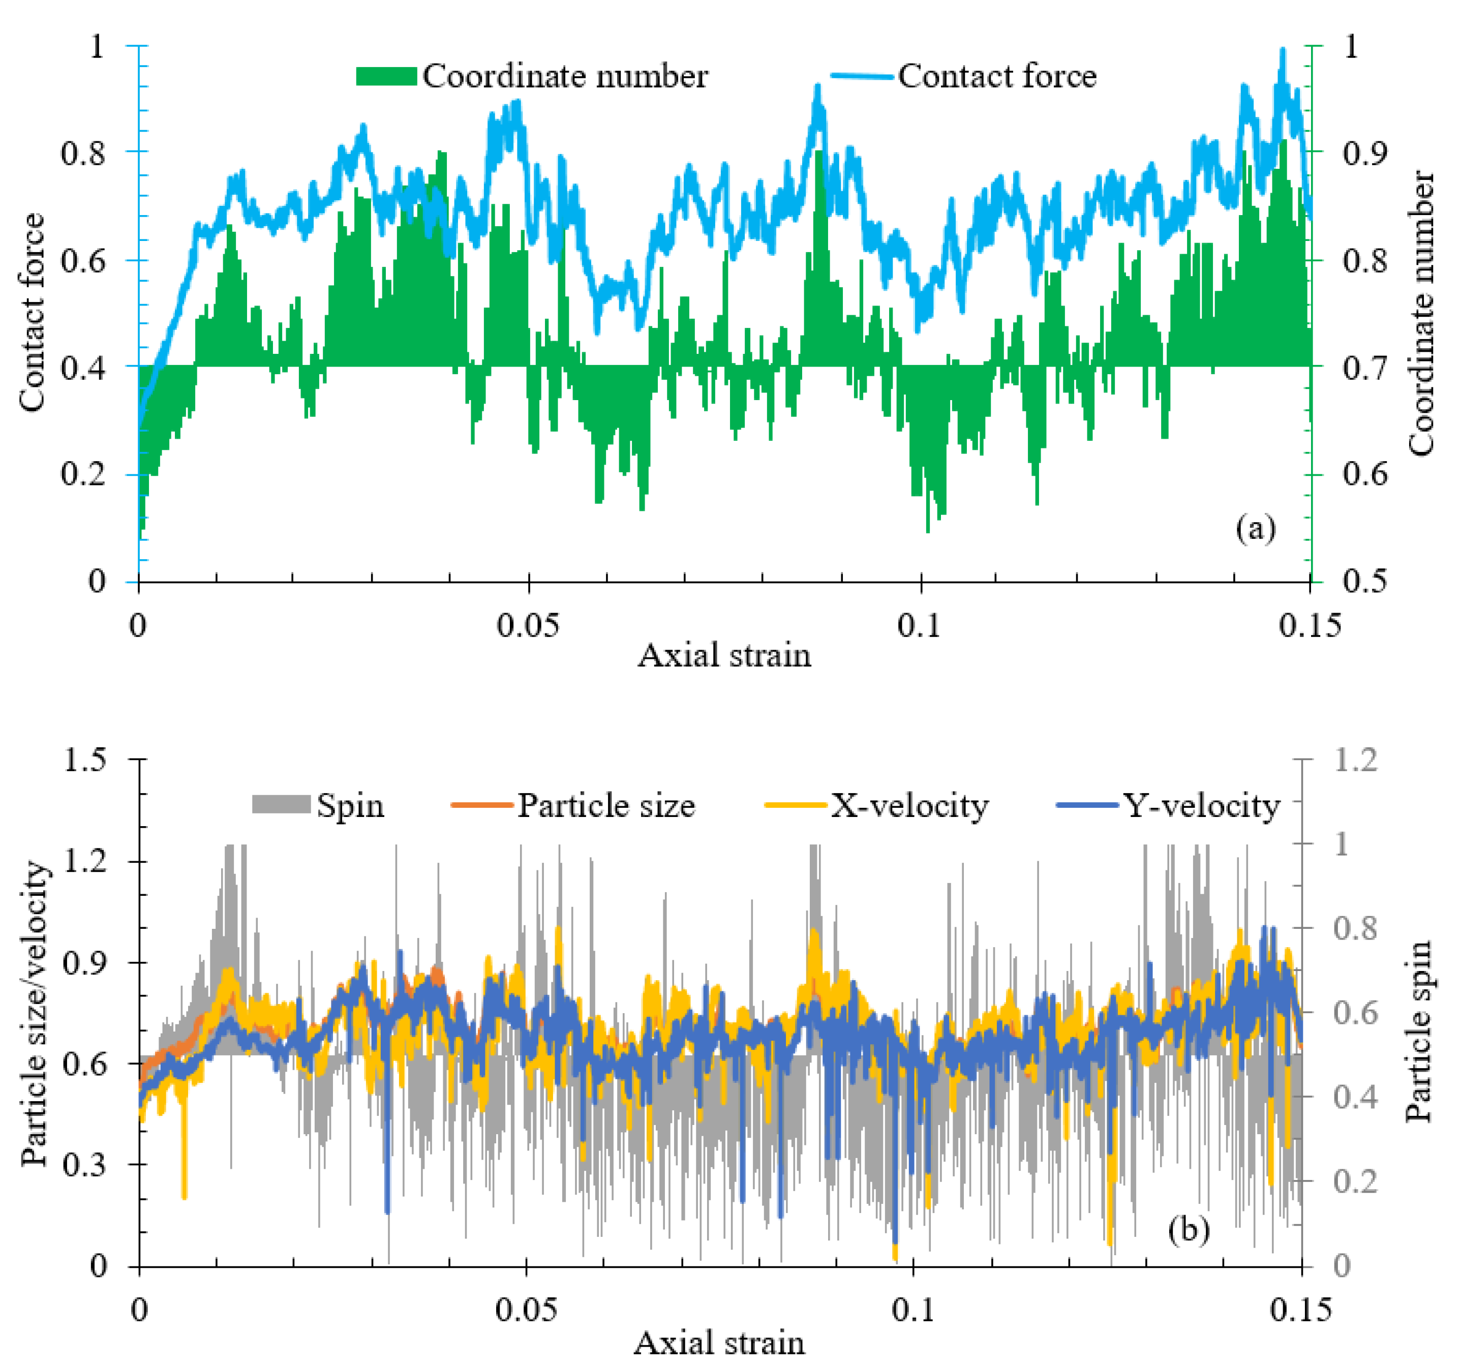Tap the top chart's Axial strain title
coord(724,656)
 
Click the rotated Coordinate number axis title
coord(1421,313)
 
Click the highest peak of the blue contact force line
coord(1283,50)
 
